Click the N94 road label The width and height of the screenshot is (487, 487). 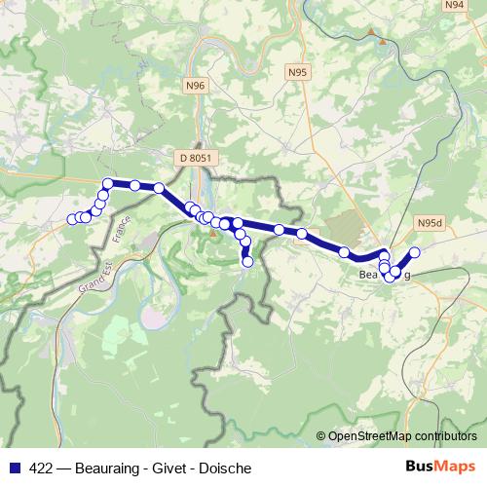[x=454, y=5]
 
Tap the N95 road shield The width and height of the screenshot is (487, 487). [x=298, y=73]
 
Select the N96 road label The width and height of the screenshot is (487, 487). [x=195, y=86]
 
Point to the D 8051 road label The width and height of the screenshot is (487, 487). [x=195, y=156]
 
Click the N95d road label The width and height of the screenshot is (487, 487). [x=428, y=222]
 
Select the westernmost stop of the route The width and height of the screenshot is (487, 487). [x=71, y=218]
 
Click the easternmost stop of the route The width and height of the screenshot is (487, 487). [x=414, y=252]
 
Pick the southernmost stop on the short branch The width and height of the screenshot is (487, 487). [x=247, y=261]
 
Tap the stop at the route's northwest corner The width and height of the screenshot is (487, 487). [x=108, y=183]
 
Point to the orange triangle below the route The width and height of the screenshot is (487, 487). [x=211, y=231]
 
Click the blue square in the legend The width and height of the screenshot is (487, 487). [x=14, y=468]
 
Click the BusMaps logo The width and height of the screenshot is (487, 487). [x=439, y=466]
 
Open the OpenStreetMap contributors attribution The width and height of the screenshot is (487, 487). [x=404, y=435]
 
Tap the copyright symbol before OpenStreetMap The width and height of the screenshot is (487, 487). [x=322, y=435]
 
